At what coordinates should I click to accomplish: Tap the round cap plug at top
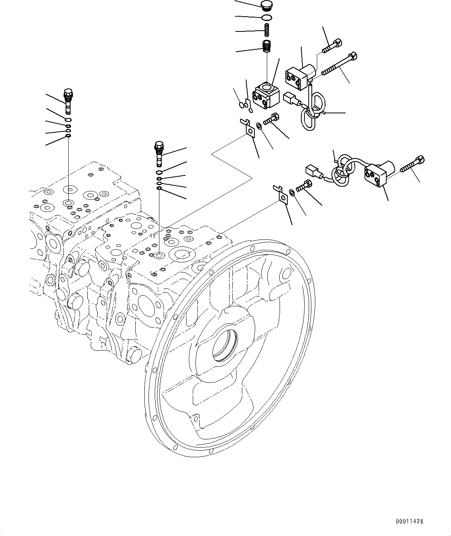click(266, 5)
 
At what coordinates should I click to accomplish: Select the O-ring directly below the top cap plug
click(266, 17)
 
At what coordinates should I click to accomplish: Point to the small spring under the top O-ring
click(267, 29)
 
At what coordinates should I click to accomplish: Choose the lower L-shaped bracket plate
click(281, 194)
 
